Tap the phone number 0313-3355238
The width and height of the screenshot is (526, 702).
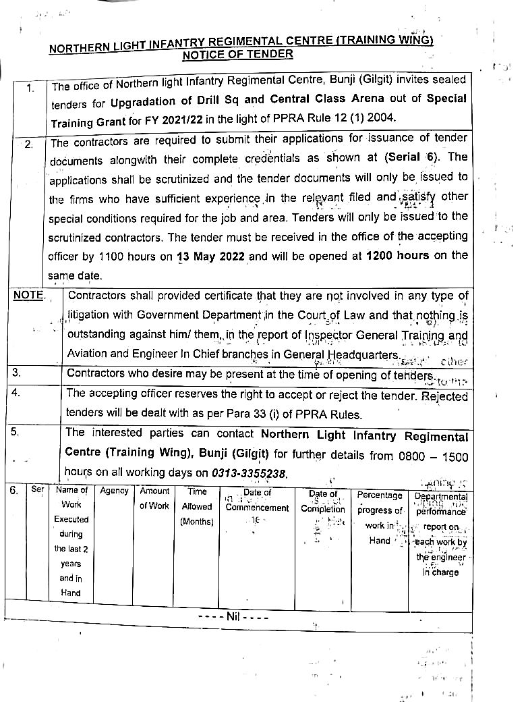coord(250,474)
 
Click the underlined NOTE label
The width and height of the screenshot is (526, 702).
coord(28,296)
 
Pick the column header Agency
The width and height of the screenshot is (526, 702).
coord(114,491)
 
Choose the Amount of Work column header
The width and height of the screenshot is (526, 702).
coord(154,499)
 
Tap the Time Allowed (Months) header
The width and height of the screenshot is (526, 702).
coord(197,506)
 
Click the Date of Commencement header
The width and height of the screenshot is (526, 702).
coord(257,500)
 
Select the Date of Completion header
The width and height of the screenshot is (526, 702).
coord(323,502)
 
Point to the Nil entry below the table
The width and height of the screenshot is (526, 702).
coord(233,616)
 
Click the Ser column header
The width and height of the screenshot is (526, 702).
coord(38,490)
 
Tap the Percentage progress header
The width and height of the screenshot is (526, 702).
coord(379,503)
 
